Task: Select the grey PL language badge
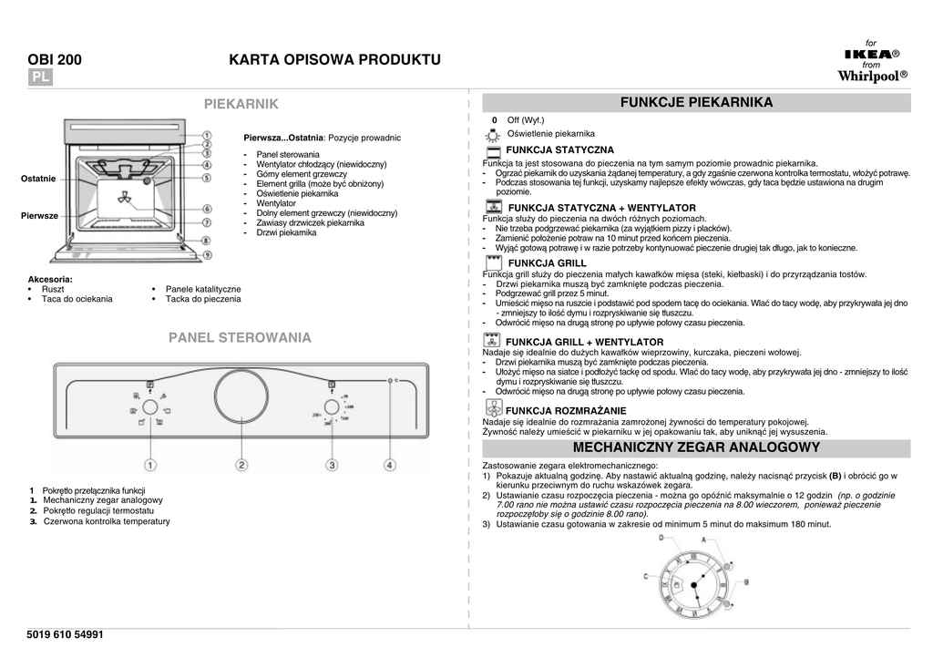pyautogui.click(x=41, y=77)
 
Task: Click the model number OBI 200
pyautogui.click(x=55, y=60)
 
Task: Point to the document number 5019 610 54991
pyautogui.click(x=66, y=634)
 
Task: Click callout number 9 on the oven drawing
pyautogui.click(x=207, y=255)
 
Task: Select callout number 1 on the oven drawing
pyautogui.click(x=207, y=135)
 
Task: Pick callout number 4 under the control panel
pyautogui.click(x=390, y=465)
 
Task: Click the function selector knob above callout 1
pyautogui.click(x=149, y=412)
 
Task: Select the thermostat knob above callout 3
pyautogui.click(x=332, y=412)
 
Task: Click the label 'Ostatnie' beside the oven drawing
pyautogui.click(x=38, y=179)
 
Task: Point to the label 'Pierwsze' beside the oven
pyautogui.click(x=39, y=215)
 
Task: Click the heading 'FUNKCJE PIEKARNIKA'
pyautogui.click(x=696, y=102)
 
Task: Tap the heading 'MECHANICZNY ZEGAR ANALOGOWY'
pyautogui.click(x=696, y=447)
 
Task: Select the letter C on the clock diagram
pyautogui.click(x=646, y=576)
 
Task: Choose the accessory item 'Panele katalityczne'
pyautogui.click(x=203, y=288)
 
